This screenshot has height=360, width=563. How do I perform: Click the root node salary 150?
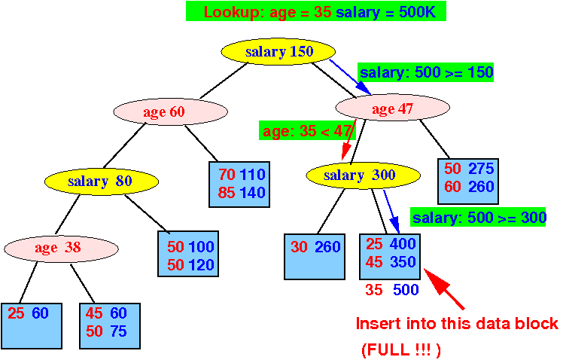(x=278, y=52)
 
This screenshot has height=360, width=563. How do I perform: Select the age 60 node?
(x=171, y=111)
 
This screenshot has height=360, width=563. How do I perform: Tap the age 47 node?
(x=392, y=108)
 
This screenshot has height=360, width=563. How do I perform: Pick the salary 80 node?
(x=102, y=181)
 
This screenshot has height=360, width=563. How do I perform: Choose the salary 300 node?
(x=363, y=175)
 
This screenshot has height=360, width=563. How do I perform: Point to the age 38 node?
(x=61, y=249)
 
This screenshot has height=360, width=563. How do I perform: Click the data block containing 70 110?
(x=239, y=185)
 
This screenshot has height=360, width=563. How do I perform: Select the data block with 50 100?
(x=188, y=254)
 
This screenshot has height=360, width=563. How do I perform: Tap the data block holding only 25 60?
(x=32, y=326)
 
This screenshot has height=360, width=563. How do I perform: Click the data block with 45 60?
(x=110, y=326)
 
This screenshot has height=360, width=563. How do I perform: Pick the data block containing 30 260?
(x=315, y=257)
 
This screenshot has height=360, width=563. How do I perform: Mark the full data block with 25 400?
(x=390, y=257)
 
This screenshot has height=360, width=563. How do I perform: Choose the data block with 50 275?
(x=468, y=182)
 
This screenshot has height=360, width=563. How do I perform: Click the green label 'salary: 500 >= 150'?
(x=426, y=72)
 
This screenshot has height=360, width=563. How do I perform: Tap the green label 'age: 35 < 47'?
(x=307, y=130)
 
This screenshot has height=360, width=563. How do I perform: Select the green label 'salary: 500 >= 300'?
(x=478, y=217)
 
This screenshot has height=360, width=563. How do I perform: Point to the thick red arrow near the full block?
(x=444, y=288)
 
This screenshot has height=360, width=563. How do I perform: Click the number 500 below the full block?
(x=406, y=289)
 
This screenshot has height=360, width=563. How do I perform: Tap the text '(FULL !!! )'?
(x=401, y=349)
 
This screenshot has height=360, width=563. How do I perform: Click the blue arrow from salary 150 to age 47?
(x=350, y=77)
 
